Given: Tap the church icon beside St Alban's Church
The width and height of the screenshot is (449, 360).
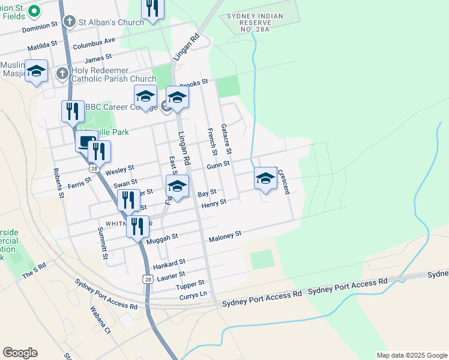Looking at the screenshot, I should tap(70, 22).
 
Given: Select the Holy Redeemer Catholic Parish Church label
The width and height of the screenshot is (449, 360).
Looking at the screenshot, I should tap(114, 74).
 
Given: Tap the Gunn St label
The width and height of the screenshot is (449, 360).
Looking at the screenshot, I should tap(218, 164).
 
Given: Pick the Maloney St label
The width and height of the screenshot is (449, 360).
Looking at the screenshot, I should tap(224, 236).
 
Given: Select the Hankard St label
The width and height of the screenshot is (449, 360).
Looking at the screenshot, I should tap(169, 263).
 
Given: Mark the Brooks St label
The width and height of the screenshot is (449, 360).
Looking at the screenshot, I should tap(193, 82).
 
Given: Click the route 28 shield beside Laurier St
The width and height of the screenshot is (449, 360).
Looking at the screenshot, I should tap(148, 278).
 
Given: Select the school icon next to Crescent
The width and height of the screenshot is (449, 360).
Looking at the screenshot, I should tap(266, 178).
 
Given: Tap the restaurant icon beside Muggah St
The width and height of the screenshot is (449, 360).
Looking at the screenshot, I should tap(138, 226).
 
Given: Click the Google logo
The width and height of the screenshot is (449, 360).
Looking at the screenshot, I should tap(20, 353).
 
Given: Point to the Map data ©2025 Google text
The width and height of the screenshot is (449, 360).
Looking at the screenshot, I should tap(412, 355).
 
